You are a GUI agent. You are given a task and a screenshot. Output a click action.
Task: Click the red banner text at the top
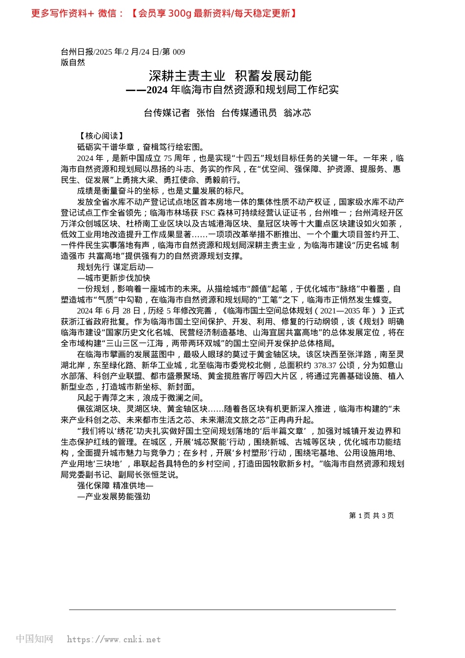pyautogui.click(x=164, y=13)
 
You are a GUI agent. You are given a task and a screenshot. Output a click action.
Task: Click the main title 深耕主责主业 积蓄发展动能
pyautogui.click(x=230, y=76)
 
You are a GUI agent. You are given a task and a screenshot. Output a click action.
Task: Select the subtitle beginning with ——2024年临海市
pyautogui.click(x=232, y=90)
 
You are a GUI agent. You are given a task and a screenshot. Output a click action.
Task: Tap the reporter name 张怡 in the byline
pyautogui.click(x=206, y=113)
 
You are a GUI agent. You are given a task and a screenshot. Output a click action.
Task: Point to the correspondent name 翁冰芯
pyautogui.click(x=297, y=113)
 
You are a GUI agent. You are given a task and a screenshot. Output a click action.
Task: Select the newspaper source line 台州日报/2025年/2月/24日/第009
pyautogui.click(x=123, y=52)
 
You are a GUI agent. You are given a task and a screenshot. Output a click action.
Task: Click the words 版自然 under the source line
pyautogui.click(x=73, y=62)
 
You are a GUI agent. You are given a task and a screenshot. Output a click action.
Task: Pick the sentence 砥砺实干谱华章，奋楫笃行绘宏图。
pyautogui.click(x=140, y=147)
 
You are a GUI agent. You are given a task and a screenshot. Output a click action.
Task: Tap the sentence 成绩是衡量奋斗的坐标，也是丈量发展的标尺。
pyautogui.click(x=161, y=191)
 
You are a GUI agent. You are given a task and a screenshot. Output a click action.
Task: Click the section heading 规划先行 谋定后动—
pyautogui.click(x=115, y=267)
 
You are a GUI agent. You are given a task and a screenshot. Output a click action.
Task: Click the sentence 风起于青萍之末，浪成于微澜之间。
pyautogui.click(x=140, y=398)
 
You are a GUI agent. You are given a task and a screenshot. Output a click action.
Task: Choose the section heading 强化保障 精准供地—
pyautogui.click(x=115, y=486)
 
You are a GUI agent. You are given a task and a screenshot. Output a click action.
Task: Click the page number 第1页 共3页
pyautogui.click(x=371, y=516)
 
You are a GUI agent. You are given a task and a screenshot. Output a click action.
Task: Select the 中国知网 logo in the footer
pyautogui.click(x=34, y=639)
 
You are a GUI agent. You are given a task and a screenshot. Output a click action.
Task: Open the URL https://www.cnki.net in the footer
pyautogui.click(x=114, y=639)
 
